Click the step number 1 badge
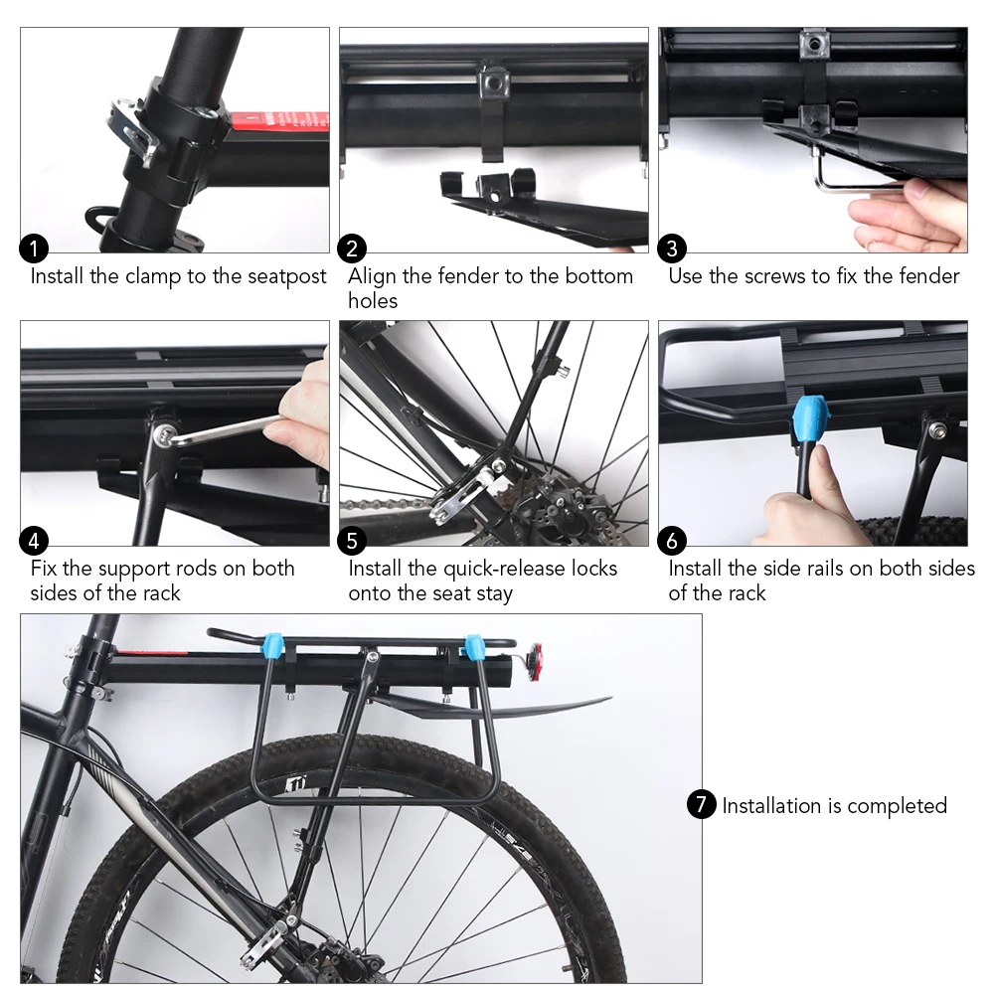coord(34,248)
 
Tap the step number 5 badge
coord(352,541)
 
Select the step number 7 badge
coord(701,804)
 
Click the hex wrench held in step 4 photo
coord(224,429)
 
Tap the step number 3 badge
coord(672,248)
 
